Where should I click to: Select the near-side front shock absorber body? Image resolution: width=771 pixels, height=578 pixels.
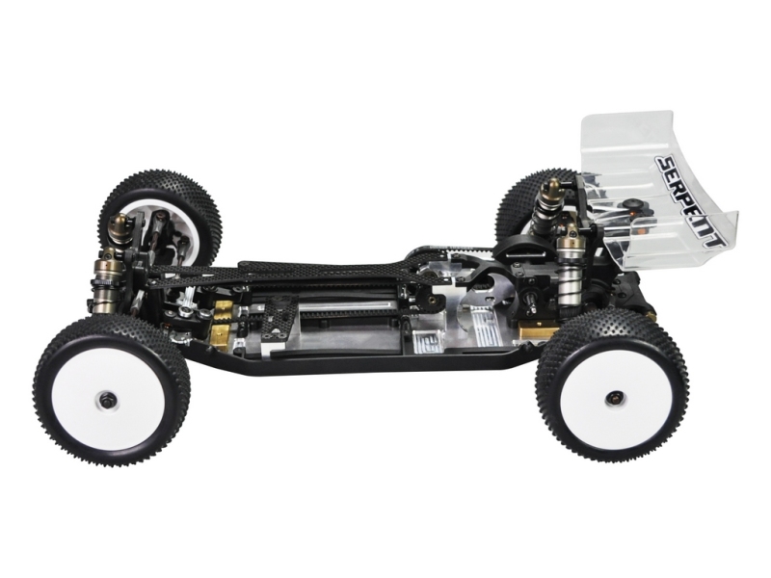click(104, 289)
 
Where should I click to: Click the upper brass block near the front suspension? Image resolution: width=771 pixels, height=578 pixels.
click(222, 307)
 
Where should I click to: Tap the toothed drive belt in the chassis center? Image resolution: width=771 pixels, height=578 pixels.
click(347, 314)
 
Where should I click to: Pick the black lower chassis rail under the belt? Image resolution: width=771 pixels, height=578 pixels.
click(366, 358)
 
